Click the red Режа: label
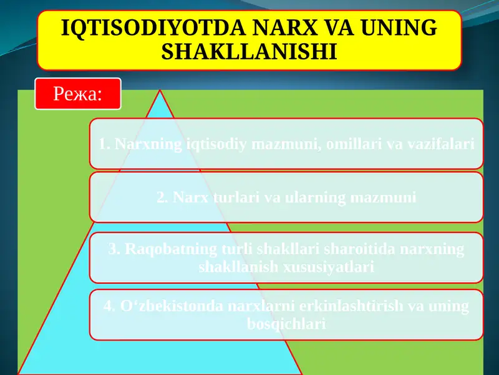tap(77, 94)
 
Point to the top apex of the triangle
tap(160, 91)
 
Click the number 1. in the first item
tap(104, 144)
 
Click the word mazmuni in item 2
tap(382, 197)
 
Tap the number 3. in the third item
tap(114, 249)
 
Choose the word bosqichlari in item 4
tap(286, 324)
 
